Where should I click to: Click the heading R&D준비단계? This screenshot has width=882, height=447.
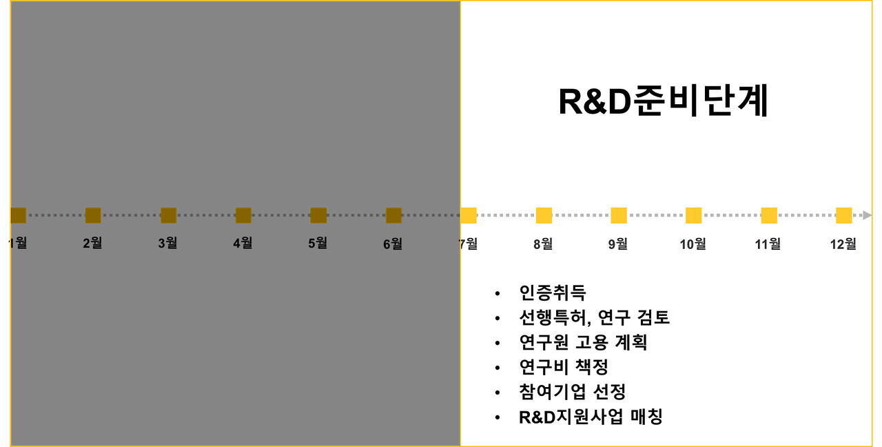[x=663, y=102]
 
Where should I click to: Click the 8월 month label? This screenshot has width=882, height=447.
[x=543, y=244]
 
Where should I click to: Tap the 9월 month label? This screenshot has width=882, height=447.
[x=618, y=244]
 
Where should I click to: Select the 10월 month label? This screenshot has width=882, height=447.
[x=693, y=244]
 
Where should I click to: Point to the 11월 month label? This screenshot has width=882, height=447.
[x=768, y=244]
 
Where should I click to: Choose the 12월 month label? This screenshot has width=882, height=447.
[x=843, y=244]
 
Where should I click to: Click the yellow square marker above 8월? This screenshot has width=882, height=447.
[x=544, y=215]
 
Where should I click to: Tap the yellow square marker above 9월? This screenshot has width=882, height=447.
[x=619, y=215]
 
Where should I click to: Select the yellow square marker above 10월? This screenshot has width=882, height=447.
[x=694, y=215]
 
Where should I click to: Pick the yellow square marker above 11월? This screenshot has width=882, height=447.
[x=769, y=215]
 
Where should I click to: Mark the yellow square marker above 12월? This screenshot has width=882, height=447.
[x=844, y=215]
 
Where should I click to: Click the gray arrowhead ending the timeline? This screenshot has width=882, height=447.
[x=866, y=215]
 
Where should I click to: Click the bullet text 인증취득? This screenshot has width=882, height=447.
[x=553, y=292]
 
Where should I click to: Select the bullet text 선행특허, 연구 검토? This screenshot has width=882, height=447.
[x=594, y=317]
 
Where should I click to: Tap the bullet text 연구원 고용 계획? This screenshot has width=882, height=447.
[x=583, y=342]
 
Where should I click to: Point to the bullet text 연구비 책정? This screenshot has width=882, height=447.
[x=563, y=367]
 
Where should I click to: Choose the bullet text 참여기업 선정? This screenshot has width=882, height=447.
[x=572, y=392]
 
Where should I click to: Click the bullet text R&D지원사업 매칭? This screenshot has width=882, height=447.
[x=591, y=417]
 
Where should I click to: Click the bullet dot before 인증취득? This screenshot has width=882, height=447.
[x=498, y=294]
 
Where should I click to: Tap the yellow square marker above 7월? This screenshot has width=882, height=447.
[x=469, y=215]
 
